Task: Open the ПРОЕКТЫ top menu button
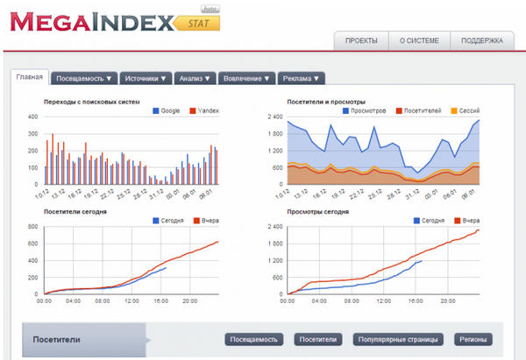point(361,40)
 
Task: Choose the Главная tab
point(30,77)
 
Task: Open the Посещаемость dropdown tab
point(84,78)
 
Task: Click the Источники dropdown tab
point(146,78)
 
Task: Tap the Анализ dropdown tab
point(195,78)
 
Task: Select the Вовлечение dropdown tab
point(245,78)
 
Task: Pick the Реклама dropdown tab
point(302,78)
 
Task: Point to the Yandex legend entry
point(208,111)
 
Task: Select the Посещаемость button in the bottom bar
point(254,339)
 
